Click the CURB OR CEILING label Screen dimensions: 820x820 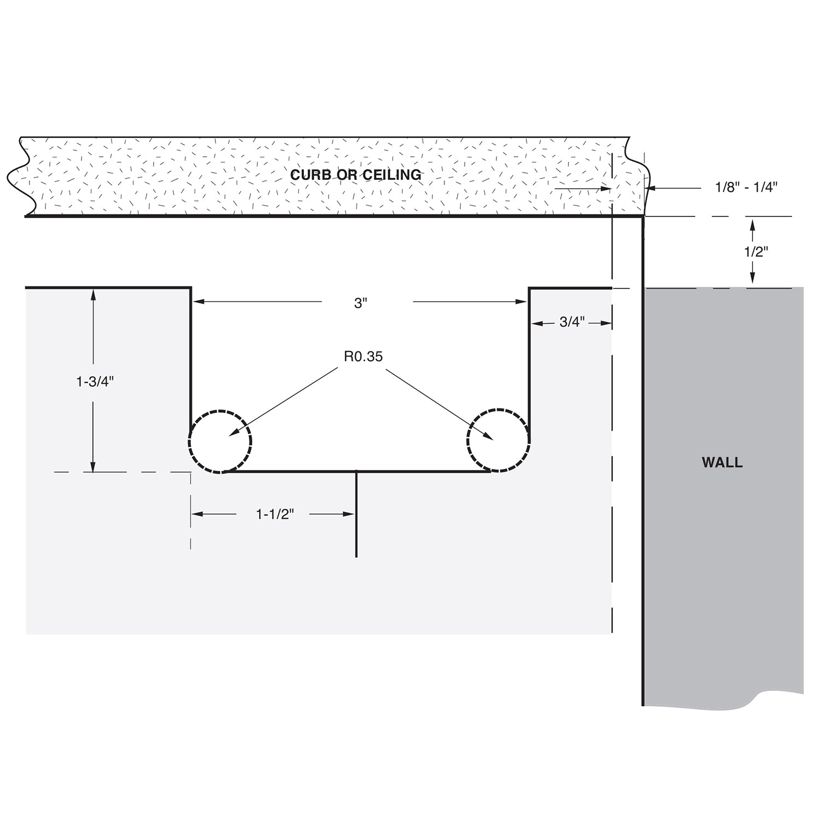356,174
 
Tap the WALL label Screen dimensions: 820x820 722,462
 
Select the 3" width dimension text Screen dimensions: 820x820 361,303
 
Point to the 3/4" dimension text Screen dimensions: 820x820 572,322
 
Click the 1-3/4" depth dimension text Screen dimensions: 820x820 95,381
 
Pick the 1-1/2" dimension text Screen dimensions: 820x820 275,514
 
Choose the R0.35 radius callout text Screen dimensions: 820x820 364,357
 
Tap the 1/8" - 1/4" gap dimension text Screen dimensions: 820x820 746,187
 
